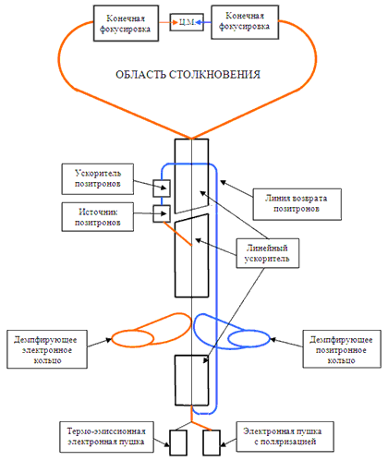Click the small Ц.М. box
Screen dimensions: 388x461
(187, 22)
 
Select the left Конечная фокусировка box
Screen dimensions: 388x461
(126, 23)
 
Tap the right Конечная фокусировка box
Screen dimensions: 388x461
(245, 22)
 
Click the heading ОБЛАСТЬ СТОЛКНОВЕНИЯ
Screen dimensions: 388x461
(188, 75)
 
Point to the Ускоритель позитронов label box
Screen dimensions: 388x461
(98, 179)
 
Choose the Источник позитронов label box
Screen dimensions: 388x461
(98, 217)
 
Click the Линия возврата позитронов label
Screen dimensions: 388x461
(297, 204)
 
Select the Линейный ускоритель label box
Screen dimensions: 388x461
(268, 253)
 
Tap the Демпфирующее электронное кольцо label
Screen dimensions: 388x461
(47, 349)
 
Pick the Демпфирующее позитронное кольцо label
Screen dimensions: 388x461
(342, 349)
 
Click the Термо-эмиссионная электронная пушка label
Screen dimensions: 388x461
(106, 437)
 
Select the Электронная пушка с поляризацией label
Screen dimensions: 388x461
(285, 437)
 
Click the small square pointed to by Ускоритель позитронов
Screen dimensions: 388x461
(162, 188)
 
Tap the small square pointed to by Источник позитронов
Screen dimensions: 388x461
(162, 213)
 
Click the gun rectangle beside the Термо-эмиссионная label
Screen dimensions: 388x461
(178, 443)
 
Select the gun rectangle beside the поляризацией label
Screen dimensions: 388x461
(212, 443)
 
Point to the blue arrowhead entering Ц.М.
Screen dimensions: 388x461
(198, 22)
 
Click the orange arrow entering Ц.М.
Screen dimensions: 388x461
(169, 22)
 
